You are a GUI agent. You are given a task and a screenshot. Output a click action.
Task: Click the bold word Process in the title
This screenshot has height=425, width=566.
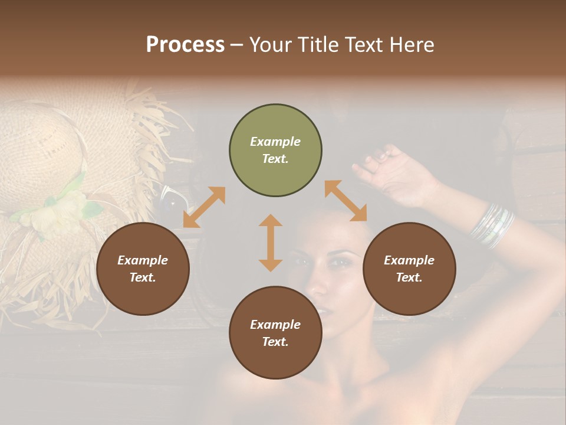pos(185,45)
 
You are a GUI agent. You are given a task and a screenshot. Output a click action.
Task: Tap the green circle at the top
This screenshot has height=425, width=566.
pos(275,151)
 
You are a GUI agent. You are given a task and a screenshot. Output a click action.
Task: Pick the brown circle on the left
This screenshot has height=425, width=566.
pos(143,269)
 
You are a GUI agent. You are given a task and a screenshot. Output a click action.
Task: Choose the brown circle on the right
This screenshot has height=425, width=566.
pos(409,269)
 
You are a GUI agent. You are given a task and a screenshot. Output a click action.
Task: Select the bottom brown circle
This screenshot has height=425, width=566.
pos(275,333)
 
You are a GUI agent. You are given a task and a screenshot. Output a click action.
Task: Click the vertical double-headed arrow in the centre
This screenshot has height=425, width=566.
pos(271,243)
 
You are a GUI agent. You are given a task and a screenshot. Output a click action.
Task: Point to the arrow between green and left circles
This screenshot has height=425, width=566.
pos(204,207)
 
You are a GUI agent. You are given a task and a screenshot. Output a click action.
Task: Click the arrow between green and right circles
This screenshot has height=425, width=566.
pos(345,201)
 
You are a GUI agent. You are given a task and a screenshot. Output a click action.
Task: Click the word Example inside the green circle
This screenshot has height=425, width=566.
pos(275,142)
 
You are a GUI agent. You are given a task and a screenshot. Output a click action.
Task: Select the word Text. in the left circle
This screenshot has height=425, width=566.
pos(143,277)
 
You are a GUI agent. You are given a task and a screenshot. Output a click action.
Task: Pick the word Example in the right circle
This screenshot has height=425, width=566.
pos(409,260)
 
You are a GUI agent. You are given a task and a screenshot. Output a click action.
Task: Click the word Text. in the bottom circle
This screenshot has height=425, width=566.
pos(275,342)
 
